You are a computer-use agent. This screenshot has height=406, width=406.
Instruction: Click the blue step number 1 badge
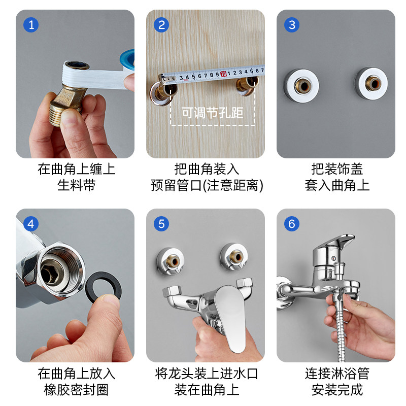click(31, 25)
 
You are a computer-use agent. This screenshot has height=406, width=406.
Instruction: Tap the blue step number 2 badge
click(161, 25)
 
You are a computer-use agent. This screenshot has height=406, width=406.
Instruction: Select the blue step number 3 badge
click(292, 25)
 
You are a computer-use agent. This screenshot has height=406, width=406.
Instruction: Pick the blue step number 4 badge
click(31, 224)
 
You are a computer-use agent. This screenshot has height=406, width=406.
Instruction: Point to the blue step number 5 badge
click(161, 224)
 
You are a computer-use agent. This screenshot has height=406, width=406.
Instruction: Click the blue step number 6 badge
click(292, 224)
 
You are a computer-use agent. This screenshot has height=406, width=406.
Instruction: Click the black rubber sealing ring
click(91, 282)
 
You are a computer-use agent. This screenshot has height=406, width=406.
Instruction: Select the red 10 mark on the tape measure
click(223, 74)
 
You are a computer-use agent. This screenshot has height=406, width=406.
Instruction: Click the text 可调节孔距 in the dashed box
click(212, 113)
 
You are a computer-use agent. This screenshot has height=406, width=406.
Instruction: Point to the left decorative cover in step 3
click(301, 85)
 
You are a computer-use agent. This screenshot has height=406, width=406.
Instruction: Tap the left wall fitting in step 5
click(171, 261)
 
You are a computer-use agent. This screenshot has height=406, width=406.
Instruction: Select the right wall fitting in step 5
click(234, 257)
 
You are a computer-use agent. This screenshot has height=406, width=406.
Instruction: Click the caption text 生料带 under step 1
click(77, 185)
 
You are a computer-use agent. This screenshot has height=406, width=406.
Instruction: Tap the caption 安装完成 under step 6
click(337, 390)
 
